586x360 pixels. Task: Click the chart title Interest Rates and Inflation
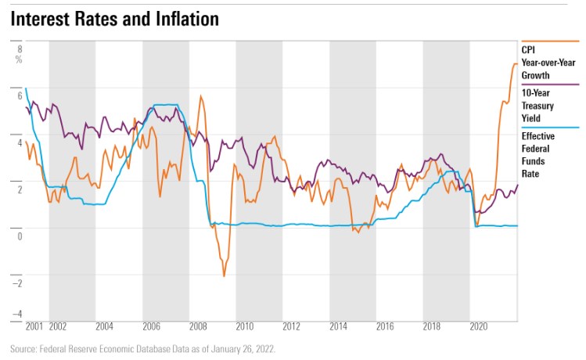(114, 20)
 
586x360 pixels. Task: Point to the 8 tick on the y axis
(19, 48)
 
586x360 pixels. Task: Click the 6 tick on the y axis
(19, 95)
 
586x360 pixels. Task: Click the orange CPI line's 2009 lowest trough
(224, 276)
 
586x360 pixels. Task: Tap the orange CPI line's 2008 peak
(201, 96)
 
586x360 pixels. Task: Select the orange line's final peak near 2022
(515, 63)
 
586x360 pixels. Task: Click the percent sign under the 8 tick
(19, 59)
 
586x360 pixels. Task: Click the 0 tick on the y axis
(19, 236)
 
